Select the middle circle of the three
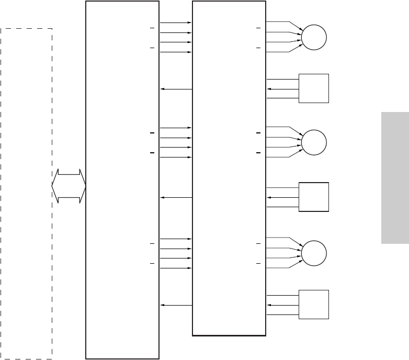coord(314,142)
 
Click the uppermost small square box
coord(313,88)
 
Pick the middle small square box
coord(313,197)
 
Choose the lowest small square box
coord(313,304)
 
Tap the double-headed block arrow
coord(69,186)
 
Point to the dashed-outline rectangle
coord(26,193)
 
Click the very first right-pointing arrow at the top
coord(176,22)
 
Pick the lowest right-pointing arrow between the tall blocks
coord(176,268)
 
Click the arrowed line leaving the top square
coord(283,89)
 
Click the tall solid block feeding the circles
coord(229,167)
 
